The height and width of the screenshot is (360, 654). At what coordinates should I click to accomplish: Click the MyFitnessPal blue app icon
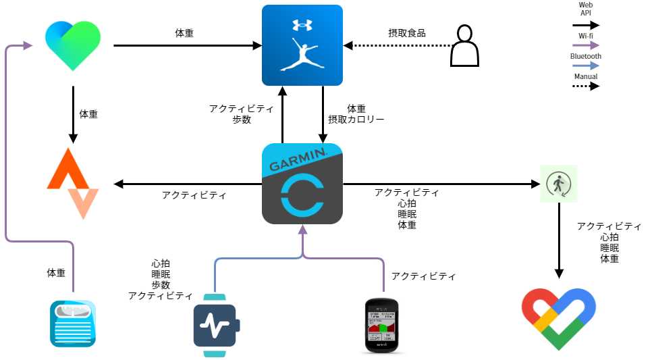point(302,45)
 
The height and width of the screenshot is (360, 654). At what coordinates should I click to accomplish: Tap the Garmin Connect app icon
point(302,184)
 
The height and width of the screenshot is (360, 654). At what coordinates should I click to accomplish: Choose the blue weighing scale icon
point(73,324)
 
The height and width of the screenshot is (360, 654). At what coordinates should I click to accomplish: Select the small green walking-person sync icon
point(558,184)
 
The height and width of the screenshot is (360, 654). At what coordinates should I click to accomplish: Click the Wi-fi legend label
point(585,36)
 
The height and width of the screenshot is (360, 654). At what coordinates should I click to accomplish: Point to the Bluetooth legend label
point(585,56)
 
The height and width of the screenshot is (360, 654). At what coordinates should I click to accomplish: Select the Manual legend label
point(585,76)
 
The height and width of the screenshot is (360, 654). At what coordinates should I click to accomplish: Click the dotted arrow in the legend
point(585,86)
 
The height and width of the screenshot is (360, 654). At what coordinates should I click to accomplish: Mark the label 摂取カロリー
point(356,120)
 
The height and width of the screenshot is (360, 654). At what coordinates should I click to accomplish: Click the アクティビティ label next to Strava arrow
point(194,195)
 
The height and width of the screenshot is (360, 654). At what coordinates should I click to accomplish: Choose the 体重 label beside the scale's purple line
point(56,273)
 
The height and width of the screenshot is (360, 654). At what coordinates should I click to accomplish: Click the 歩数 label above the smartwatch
point(161,285)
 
